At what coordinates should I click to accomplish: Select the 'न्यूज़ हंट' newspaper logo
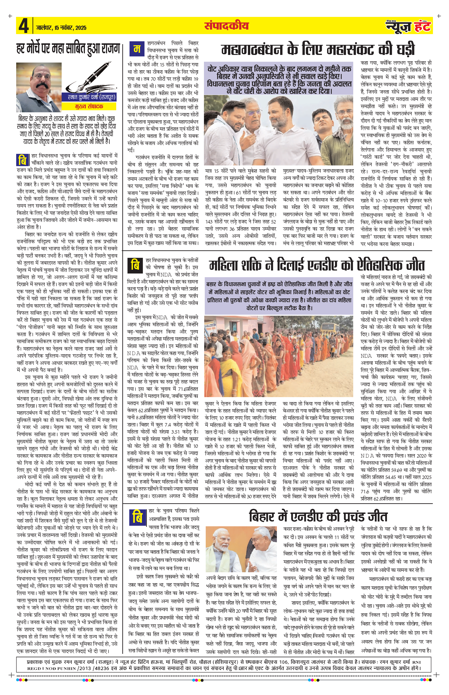(x=408, y=26)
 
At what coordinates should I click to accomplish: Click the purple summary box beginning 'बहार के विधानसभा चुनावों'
(x=279, y=296)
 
